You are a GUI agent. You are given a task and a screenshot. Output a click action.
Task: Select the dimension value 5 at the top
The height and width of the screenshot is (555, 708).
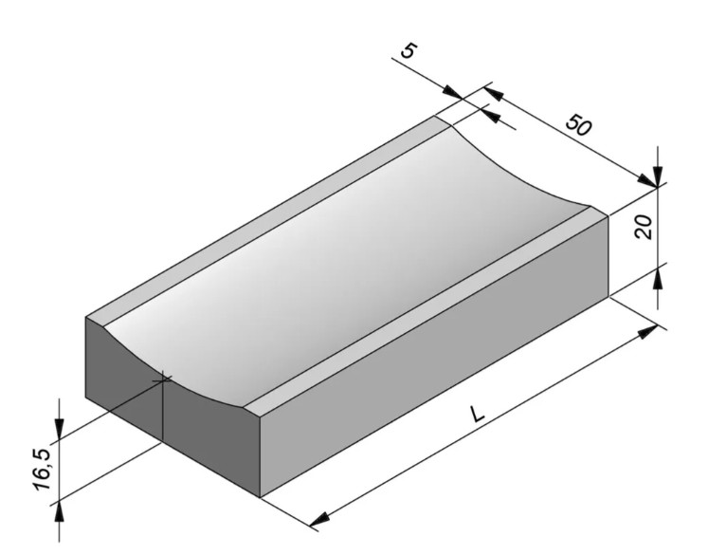tap(408, 51)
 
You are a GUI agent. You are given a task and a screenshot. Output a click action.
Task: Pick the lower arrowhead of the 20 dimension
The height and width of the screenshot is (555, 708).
tap(657, 278)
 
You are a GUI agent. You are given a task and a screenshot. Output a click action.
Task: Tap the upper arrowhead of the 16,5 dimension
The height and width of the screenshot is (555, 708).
tap(61, 431)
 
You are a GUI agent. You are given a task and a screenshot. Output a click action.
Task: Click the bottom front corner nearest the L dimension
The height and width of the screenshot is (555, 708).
tap(261, 496)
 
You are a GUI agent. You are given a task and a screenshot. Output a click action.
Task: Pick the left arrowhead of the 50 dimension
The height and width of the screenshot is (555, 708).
tap(494, 92)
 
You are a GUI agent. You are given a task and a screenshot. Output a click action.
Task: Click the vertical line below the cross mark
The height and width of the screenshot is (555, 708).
tap(163, 417)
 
